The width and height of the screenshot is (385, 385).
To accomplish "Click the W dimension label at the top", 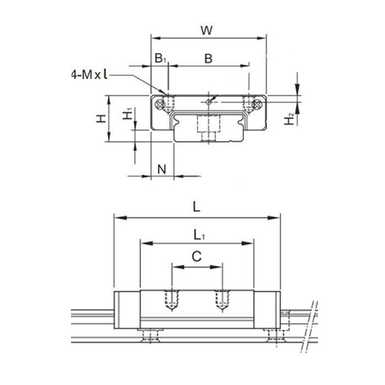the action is [x=206, y=30].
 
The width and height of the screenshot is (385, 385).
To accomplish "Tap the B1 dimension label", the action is [x=161, y=58].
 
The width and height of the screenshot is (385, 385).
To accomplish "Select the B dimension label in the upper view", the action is [x=208, y=59].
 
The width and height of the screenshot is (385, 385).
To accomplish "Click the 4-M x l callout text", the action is [x=89, y=74].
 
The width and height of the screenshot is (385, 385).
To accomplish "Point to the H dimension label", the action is [x=101, y=119].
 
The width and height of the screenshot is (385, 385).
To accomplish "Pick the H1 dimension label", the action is [x=127, y=114].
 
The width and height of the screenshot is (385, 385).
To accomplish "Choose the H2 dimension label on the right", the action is [x=289, y=119].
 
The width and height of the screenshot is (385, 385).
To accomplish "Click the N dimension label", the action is [x=162, y=169].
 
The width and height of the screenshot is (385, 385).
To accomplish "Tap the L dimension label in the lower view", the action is [x=196, y=207].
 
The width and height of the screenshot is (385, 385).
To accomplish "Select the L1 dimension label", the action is [x=199, y=235].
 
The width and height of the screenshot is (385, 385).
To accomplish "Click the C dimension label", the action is [x=197, y=257].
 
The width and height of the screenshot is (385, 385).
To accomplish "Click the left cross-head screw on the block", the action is [x=160, y=105].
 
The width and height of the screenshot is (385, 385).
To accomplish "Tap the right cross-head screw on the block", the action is [x=257, y=105].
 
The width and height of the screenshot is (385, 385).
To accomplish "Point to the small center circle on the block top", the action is [x=208, y=102].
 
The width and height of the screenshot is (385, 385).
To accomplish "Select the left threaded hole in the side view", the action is [x=172, y=300].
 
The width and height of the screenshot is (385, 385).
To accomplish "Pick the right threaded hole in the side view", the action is [x=222, y=300].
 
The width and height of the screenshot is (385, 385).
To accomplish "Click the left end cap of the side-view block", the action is [x=127, y=310].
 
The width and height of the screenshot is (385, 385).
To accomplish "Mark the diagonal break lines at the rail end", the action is [x=309, y=327].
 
